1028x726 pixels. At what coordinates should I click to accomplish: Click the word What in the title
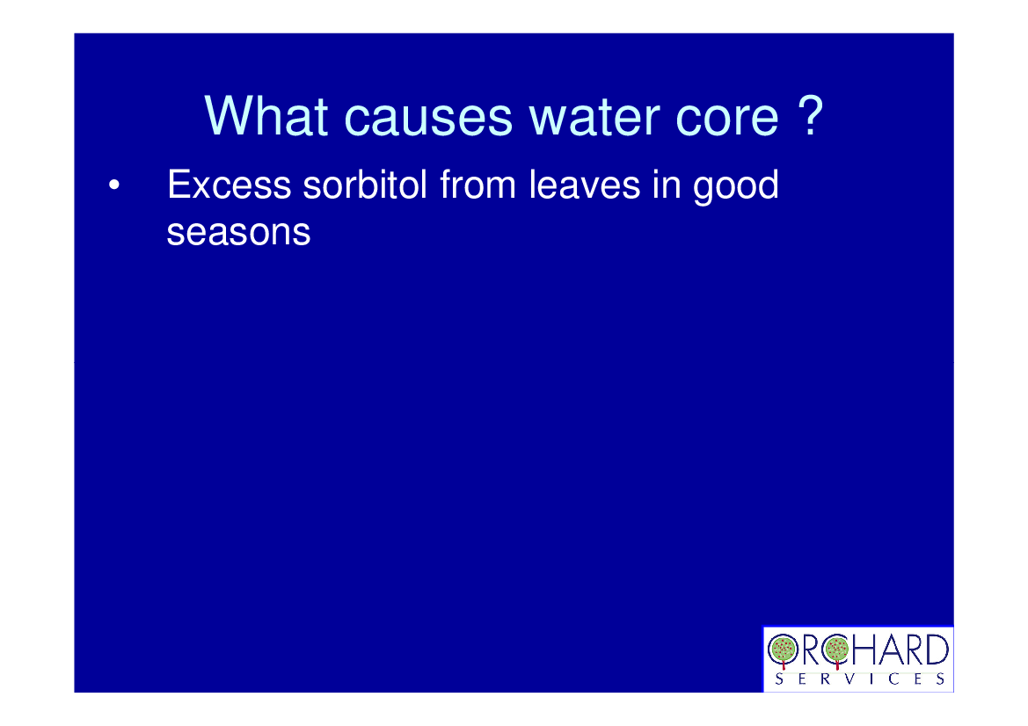pyautogui.click(x=266, y=116)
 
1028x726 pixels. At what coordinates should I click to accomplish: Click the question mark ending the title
pyautogui.click(x=811, y=115)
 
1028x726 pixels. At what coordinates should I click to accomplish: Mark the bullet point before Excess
pyautogui.click(x=114, y=185)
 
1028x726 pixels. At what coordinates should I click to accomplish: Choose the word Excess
pyautogui.click(x=229, y=185)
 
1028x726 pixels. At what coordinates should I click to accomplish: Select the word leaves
pyautogui.click(x=585, y=184)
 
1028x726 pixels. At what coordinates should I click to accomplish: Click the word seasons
pyautogui.click(x=238, y=233)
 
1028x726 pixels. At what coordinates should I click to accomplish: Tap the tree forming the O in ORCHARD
pyautogui.click(x=783, y=650)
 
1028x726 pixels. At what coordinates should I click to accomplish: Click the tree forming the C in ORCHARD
pyautogui.click(x=836, y=650)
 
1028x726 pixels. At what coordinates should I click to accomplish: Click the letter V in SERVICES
pyautogui.click(x=849, y=679)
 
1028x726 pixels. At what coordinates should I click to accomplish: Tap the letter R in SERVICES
pyautogui.click(x=826, y=679)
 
